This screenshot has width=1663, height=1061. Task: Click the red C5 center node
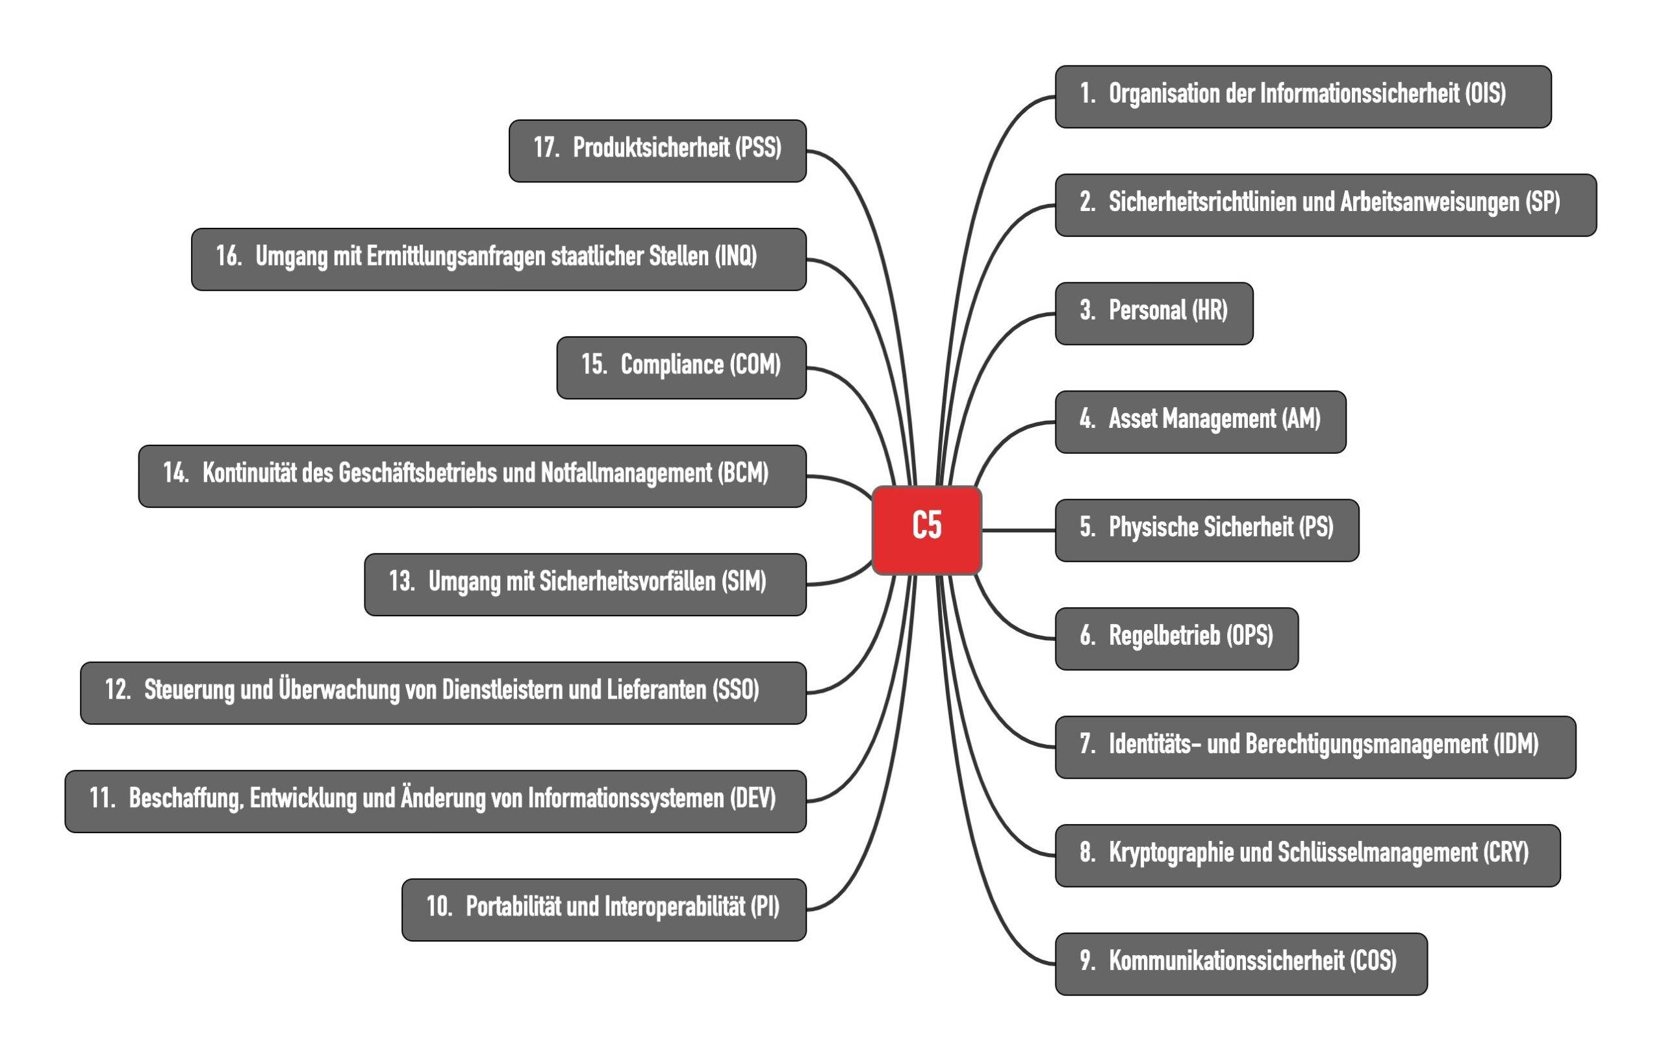927,530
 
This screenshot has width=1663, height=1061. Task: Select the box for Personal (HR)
1154,314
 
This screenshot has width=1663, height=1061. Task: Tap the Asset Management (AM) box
1200,422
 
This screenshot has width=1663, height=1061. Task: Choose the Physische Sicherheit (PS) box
1207,530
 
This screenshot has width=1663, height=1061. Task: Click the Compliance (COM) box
681,368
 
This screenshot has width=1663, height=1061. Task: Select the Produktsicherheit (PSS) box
657,151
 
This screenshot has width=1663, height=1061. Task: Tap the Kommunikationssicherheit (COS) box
1241,964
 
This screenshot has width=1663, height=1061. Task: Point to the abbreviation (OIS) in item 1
1485,94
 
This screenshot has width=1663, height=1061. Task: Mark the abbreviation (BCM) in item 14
743,473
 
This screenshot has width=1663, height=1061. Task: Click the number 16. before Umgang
229,256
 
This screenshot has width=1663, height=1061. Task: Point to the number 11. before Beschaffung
102,798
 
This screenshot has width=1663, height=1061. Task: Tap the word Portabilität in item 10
513,906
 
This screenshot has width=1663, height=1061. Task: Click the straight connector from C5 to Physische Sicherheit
1019,530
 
